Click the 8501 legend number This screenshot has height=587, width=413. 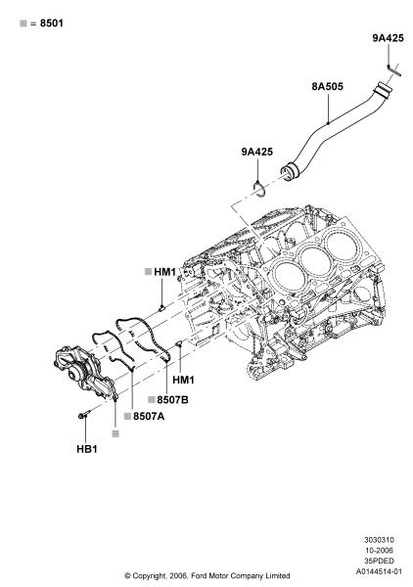52,23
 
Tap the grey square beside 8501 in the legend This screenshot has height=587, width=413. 23,23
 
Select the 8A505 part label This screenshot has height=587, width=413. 327,86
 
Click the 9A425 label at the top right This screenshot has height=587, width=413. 388,38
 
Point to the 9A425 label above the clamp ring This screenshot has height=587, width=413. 256,152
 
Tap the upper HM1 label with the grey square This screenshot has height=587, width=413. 164,272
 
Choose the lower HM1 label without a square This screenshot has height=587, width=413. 183,380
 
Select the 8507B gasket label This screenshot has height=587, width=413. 172,400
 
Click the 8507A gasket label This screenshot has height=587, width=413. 149,416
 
